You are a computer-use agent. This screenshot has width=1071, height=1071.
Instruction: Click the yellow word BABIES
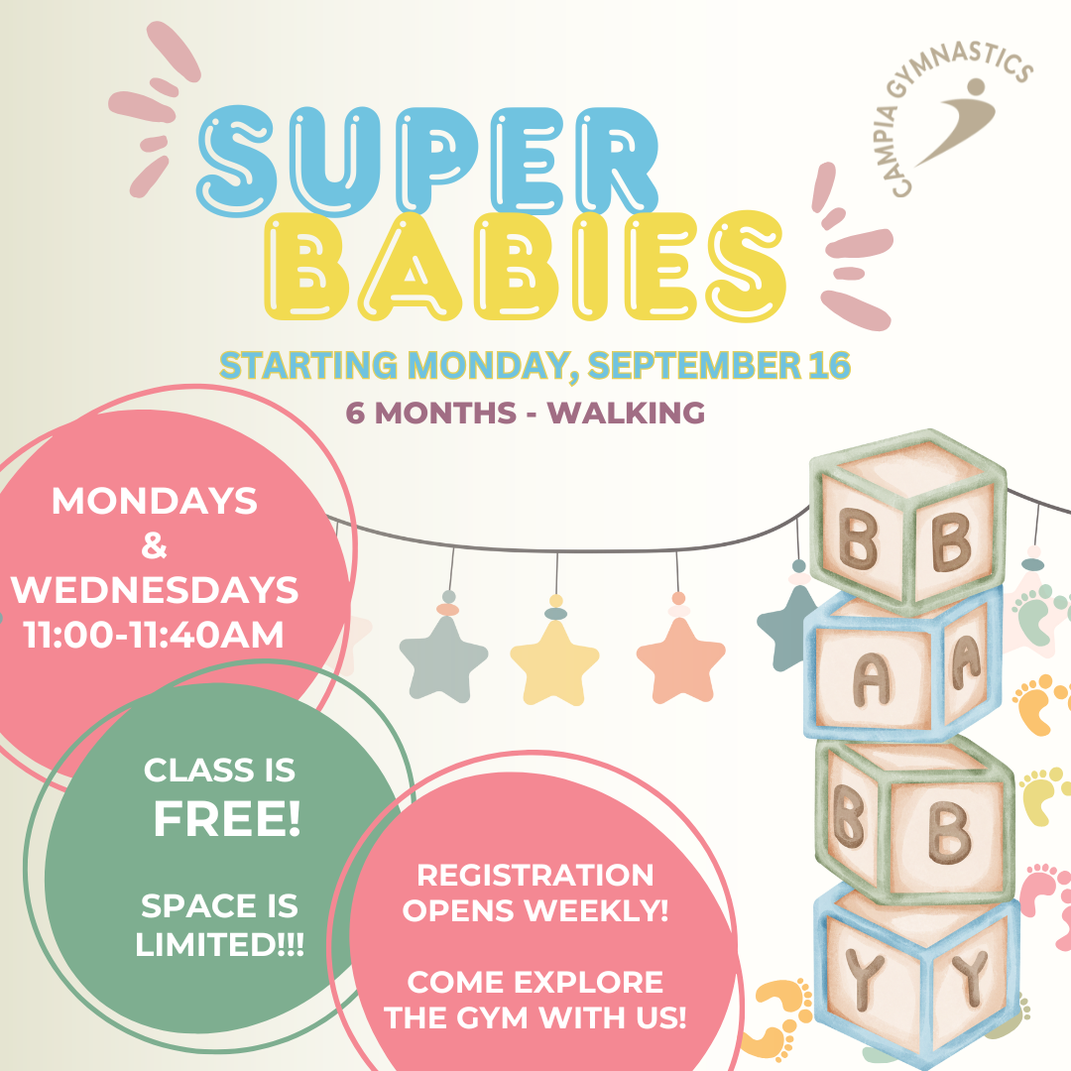pyautogui.click(x=525, y=266)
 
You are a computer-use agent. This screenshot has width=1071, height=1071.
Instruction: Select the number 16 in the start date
pyautogui.click(x=829, y=365)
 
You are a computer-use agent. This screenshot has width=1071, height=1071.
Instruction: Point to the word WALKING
pyautogui.click(x=627, y=413)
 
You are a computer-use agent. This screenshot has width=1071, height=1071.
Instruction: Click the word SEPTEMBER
pyautogui.click(x=694, y=365)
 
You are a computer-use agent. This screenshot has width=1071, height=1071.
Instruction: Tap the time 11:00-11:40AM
pyautogui.click(x=154, y=635)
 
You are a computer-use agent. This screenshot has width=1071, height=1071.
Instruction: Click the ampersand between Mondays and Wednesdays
pyautogui.click(x=154, y=545)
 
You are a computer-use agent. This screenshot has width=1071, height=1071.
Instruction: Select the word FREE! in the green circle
pyautogui.click(x=227, y=818)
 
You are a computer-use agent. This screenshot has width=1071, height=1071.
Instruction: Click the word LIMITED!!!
pyautogui.click(x=219, y=945)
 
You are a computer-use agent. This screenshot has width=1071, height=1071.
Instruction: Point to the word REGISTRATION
pyautogui.click(x=535, y=875)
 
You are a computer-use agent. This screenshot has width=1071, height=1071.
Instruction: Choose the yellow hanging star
pyautogui.click(x=554, y=661)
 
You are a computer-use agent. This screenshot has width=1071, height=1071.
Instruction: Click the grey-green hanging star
pyautogui.click(x=443, y=659)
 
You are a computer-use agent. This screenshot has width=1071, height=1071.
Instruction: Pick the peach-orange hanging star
pyautogui.click(x=680, y=659)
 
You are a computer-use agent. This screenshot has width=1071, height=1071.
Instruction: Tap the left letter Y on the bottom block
pyautogui.click(x=864, y=979)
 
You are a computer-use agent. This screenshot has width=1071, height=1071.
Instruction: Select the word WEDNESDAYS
pyautogui.click(x=155, y=590)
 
